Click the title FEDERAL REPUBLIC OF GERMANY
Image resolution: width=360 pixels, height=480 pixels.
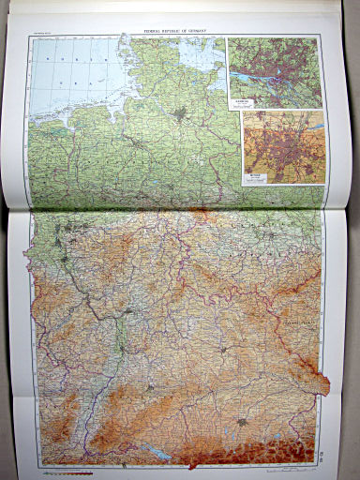[177, 30]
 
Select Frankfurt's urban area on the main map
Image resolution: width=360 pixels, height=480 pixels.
[128, 308]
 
